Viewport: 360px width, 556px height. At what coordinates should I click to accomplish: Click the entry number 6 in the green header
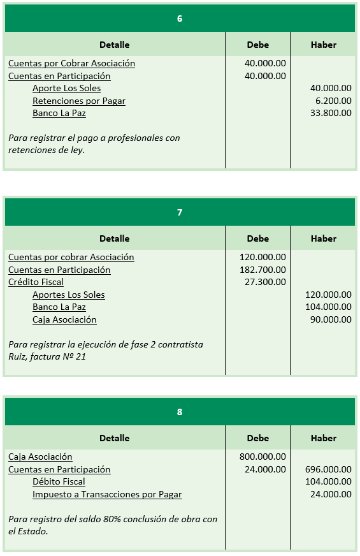point(180,18)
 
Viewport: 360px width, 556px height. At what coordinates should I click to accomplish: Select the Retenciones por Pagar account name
point(79,101)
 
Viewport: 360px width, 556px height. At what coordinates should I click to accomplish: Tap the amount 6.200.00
point(333,101)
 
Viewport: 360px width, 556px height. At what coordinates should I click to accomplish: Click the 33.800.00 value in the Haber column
point(331,113)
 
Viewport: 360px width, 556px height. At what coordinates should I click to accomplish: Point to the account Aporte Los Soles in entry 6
point(66,88)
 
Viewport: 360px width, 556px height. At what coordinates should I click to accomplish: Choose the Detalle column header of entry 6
point(115,45)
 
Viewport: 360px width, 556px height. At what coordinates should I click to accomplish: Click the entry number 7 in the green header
point(180,212)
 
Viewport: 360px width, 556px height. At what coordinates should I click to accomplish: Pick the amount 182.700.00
point(265,270)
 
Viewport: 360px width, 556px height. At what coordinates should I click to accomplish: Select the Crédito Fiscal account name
point(36,282)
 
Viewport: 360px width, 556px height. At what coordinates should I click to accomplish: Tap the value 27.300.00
point(265,282)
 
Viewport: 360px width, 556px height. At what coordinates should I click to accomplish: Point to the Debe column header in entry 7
point(258,238)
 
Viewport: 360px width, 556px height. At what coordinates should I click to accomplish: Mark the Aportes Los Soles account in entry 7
point(69,295)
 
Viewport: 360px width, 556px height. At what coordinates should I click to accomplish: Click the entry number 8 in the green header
point(180,412)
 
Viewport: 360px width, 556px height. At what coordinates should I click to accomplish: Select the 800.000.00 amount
point(263,457)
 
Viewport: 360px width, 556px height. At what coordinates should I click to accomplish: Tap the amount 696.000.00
point(328,469)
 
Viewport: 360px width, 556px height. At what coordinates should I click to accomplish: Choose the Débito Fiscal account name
point(59,481)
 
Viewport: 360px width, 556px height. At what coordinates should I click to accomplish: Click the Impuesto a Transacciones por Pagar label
point(107,494)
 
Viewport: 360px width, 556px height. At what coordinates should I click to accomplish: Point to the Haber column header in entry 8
point(324,438)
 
